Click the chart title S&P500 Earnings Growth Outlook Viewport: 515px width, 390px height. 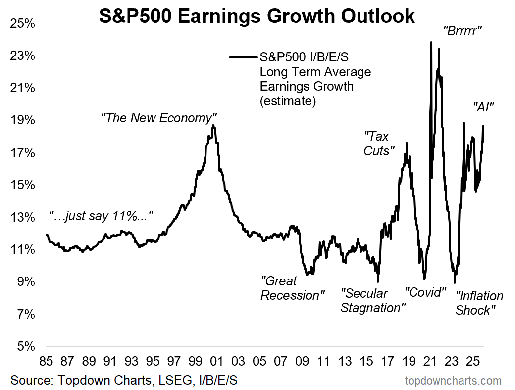coord(257,16)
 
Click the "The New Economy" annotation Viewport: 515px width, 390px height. coord(159,118)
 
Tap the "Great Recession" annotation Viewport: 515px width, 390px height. coord(293,288)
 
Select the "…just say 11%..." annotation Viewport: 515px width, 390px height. coord(101,216)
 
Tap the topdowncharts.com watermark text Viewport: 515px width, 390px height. coord(453,381)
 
